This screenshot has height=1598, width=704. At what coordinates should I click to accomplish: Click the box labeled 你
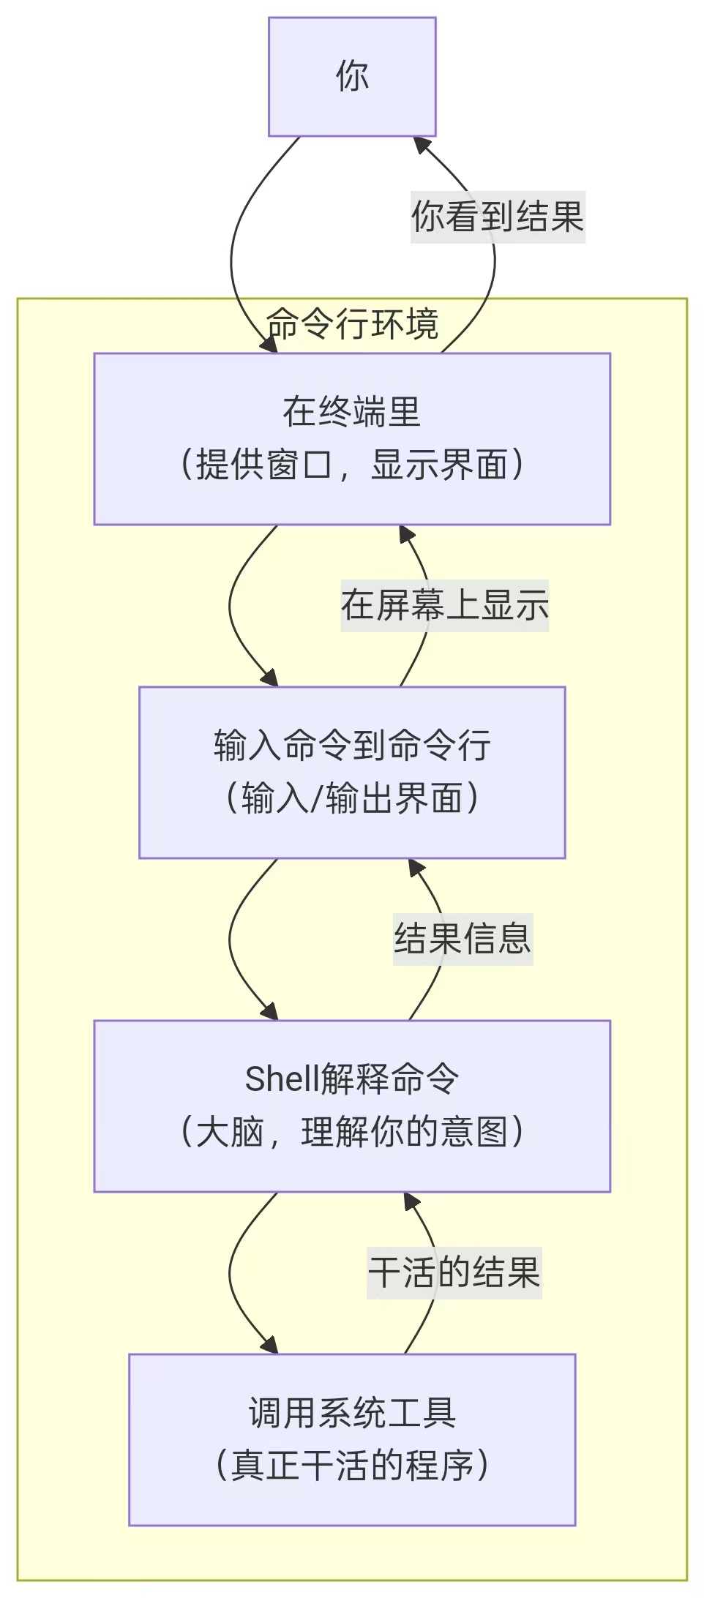pos(352,77)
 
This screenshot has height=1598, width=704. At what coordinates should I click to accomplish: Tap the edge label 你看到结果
pos(498,217)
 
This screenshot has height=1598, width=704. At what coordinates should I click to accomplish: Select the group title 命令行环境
pos(352,323)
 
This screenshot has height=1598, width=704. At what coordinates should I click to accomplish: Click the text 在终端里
pos(352,411)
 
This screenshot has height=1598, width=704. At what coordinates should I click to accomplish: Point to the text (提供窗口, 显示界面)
pos(352,465)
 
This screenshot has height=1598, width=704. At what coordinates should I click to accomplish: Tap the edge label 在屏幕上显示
pos(444,605)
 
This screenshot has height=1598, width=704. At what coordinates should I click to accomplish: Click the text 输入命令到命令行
pos(352,745)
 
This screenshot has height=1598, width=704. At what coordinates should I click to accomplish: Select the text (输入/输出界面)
pos(352,798)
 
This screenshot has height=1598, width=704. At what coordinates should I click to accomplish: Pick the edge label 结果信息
pos(463,939)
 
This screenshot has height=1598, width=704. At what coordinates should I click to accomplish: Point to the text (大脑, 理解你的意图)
pos(352,1132)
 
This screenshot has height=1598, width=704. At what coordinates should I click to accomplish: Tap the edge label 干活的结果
pos(454,1272)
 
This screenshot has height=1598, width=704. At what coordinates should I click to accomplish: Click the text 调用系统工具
pos(352,1412)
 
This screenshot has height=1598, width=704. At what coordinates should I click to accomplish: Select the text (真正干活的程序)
pos(352,1466)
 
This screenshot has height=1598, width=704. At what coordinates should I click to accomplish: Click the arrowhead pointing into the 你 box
pos(422,144)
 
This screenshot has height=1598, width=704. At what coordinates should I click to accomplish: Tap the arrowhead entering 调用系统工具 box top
pos(270,1345)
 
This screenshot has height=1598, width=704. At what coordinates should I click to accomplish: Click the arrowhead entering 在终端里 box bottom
pos(405,533)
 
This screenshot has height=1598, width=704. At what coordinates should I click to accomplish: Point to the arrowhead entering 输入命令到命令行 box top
pos(270,678)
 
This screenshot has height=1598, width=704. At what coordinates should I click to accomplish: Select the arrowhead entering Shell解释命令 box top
pos(270,1011)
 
